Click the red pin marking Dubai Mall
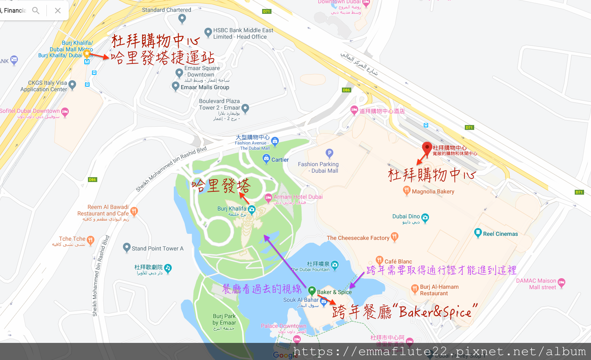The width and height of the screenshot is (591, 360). click(427, 148)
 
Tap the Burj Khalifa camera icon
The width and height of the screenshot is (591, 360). click(252, 210)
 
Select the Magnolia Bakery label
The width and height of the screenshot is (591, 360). click(433, 191)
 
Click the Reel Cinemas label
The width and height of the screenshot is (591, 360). click(500, 234)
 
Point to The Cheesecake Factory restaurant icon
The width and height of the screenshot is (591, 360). click(394, 237)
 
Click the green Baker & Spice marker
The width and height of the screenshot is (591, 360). click(312, 291)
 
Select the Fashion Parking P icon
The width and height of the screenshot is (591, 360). click(329, 154)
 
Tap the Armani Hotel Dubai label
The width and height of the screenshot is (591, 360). click(298, 197)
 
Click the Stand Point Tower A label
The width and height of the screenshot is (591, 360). click(158, 248)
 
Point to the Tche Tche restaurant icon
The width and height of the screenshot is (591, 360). click(90, 240)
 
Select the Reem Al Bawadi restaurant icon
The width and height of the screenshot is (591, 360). click(134, 211)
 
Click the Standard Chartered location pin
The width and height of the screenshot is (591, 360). click(182, 18)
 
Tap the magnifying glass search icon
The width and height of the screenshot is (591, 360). click(36, 11)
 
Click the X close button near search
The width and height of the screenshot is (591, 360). click(58, 11)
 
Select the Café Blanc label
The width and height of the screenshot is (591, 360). click(398, 261)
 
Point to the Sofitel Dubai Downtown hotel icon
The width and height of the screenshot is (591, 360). click(65, 112)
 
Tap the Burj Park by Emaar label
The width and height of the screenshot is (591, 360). click(224, 319)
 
